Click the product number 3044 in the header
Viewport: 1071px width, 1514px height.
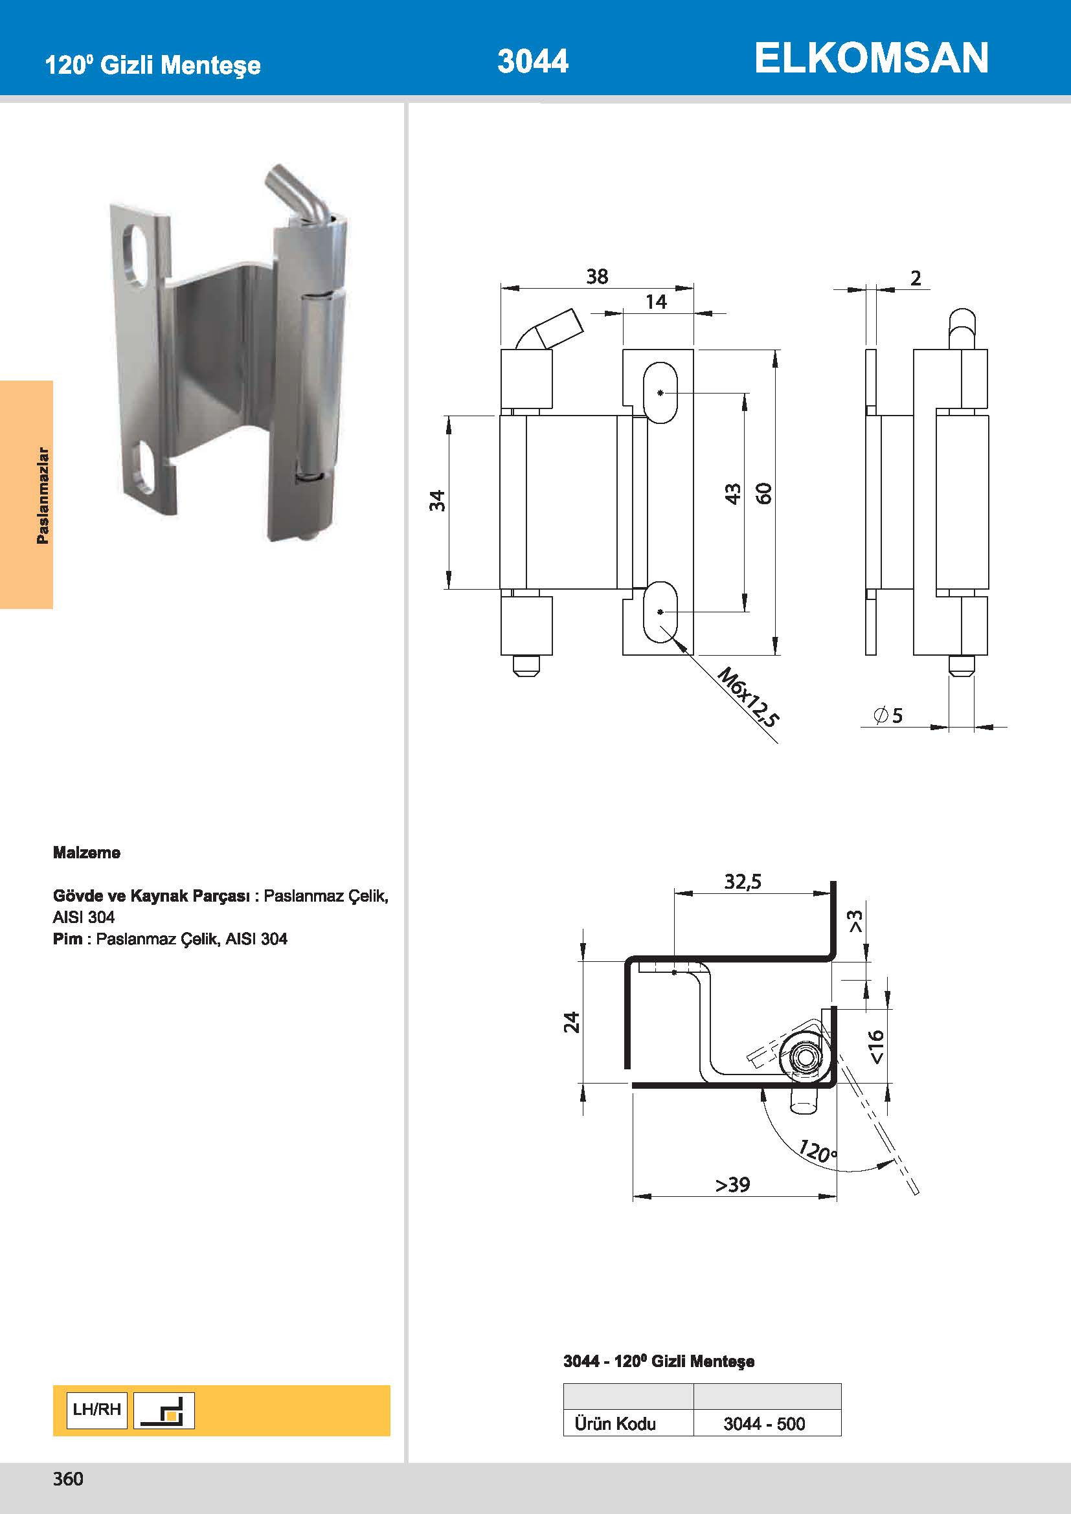pyautogui.click(x=532, y=61)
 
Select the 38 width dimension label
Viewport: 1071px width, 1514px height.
pyautogui.click(x=597, y=276)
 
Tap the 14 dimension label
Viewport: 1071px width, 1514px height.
pyautogui.click(x=655, y=302)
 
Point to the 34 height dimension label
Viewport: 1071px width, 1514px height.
pyautogui.click(x=437, y=501)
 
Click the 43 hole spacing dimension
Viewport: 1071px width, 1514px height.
pyautogui.click(x=733, y=493)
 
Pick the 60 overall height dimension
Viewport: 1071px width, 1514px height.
pyautogui.click(x=763, y=493)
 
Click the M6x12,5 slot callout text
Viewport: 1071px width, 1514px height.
pyautogui.click(x=748, y=696)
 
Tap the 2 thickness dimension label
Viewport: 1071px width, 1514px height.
pyautogui.click(x=916, y=278)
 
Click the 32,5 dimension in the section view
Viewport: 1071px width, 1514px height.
pyautogui.click(x=743, y=882)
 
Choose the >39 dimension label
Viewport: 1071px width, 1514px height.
pyautogui.click(x=733, y=1185)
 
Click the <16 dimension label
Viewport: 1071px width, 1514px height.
pyautogui.click(x=876, y=1047)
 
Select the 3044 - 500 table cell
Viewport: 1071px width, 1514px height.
pyautogui.click(x=763, y=1423)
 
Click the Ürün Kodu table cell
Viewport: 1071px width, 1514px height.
pyautogui.click(x=614, y=1423)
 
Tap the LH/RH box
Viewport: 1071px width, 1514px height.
pyautogui.click(x=97, y=1410)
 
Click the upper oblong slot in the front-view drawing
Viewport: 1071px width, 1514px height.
pyautogui.click(x=660, y=393)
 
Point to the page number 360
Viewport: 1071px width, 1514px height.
pyautogui.click(x=68, y=1479)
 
